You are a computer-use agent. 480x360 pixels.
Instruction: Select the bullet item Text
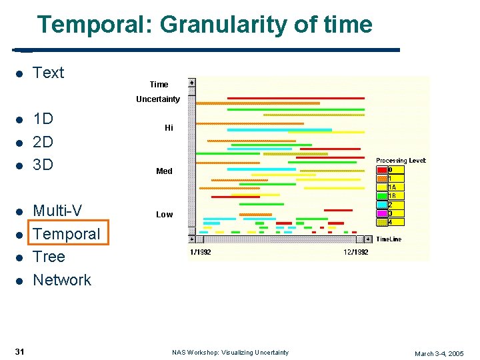49,73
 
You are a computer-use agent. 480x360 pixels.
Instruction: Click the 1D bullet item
43,119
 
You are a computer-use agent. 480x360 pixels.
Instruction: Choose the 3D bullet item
43,164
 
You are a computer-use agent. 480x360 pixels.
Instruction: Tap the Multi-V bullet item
57,211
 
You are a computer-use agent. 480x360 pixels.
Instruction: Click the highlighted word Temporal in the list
66,234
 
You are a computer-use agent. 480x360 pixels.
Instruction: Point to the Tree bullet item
49,257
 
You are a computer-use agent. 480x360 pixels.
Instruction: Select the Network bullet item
62,280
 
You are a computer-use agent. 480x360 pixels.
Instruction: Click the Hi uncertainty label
169,128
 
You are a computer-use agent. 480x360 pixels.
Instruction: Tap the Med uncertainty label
164,171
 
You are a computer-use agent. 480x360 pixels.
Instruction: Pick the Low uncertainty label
164,215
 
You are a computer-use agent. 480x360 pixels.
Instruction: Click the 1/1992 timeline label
201,252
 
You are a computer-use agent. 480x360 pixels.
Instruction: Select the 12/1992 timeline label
356,252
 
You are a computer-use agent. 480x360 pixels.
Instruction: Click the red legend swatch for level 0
382,170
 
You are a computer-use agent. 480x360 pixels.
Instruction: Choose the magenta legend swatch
382,213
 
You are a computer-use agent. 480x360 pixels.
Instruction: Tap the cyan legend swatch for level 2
382,205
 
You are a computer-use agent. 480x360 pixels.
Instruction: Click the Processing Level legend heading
401,161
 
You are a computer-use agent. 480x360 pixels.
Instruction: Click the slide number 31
19,352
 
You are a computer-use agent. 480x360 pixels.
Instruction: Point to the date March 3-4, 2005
439,353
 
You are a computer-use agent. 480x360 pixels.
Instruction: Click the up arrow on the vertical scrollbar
192,83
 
